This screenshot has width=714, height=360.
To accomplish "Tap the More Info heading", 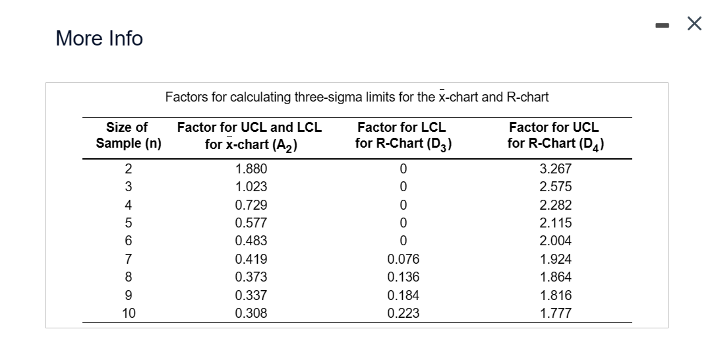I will pyautogui.click(x=99, y=39).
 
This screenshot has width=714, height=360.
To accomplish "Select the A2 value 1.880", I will pyautogui.click(x=251, y=169).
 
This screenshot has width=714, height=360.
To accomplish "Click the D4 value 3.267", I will pyautogui.click(x=556, y=169).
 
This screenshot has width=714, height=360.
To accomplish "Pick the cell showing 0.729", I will pyautogui.click(x=251, y=205).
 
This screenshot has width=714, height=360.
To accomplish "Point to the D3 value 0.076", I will pyautogui.click(x=403, y=259).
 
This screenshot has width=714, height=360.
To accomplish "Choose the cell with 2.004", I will pyautogui.click(x=556, y=241).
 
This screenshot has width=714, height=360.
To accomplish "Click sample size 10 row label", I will pyautogui.click(x=129, y=314).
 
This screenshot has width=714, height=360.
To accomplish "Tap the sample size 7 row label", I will pyautogui.click(x=129, y=259).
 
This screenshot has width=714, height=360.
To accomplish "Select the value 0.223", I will pyautogui.click(x=403, y=314).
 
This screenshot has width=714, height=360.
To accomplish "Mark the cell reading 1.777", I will pyautogui.click(x=556, y=314).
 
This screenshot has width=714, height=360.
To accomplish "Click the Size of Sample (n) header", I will pyautogui.click(x=129, y=135).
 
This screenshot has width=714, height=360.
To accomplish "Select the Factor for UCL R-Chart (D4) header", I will pyautogui.click(x=555, y=135).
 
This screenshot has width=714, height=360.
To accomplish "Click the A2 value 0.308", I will pyautogui.click(x=251, y=314).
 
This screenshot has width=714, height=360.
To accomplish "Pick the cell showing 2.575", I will pyautogui.click(x=556, y=187).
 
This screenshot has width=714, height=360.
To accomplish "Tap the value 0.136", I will pyautogui.click(x=403, y=278).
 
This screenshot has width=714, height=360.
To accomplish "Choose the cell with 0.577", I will pyautogui.click(x=251, y=223).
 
